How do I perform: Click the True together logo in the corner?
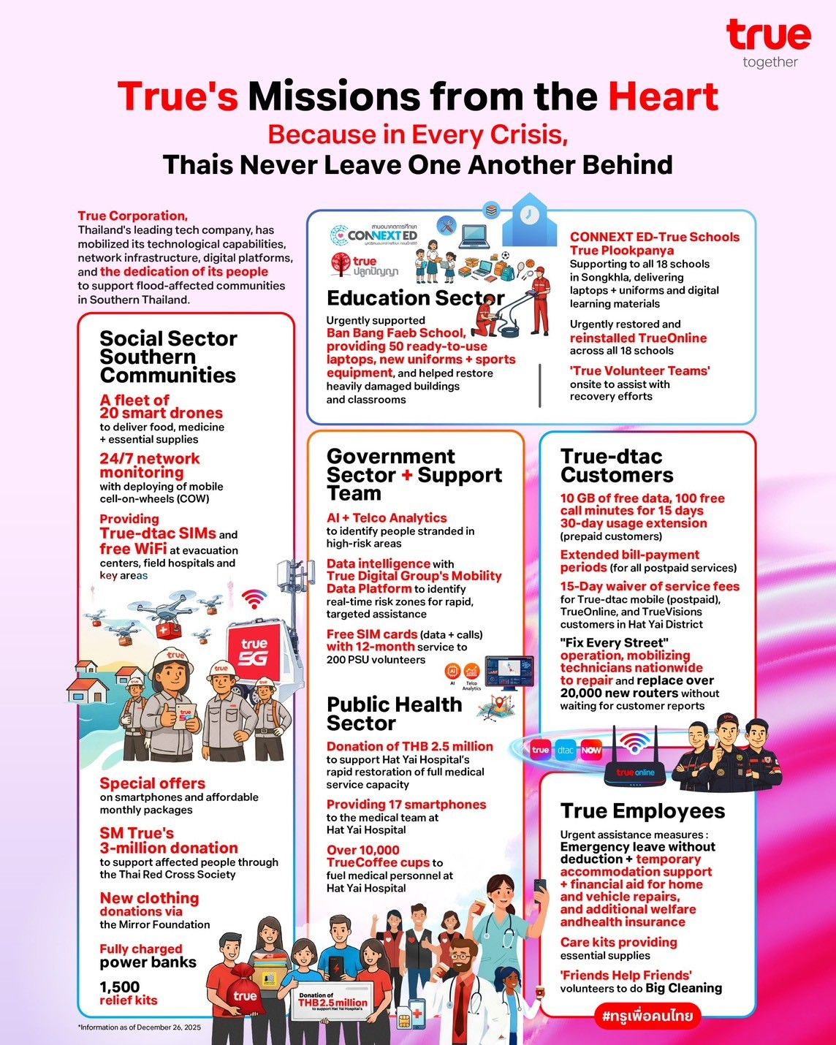click(x=769, y=42)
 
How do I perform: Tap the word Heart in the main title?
click(x=663, y=96)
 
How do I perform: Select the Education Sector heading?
click(x=415, y=298)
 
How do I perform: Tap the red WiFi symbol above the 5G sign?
click(x=254, y=599)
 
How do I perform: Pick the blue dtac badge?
click(x=566, y=750)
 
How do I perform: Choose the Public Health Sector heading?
click(x=394, y=713)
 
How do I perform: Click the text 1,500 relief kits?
click(x=129, y=993)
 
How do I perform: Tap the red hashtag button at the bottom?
click(x=647, y=1016)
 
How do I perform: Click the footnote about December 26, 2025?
click(x=139, y=1027)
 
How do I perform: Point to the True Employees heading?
click(x=642, y=811)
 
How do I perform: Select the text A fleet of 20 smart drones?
click(x=161, y=406)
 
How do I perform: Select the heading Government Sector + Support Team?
click(x=414, y=474)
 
